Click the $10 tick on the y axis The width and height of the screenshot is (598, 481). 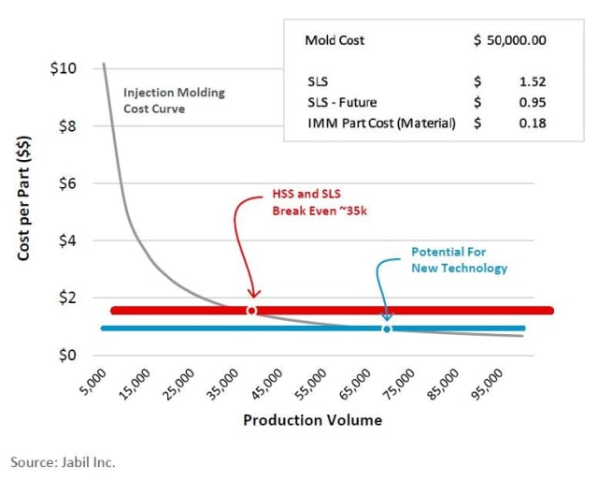point(64,68)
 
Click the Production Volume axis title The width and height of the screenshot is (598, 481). point(312,420)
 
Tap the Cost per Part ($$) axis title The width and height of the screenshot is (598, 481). point(25,211)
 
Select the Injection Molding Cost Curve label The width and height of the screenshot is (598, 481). point(174,100)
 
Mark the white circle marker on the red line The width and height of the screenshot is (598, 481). point(251,310)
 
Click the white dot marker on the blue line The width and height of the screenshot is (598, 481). point(387,328)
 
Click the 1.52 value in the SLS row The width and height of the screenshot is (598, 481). point(533,81)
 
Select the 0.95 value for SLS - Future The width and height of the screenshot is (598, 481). point(533,102)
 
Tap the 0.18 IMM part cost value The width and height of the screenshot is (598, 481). point(533,123)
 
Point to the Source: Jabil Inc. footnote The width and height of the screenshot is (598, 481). point(63,461)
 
